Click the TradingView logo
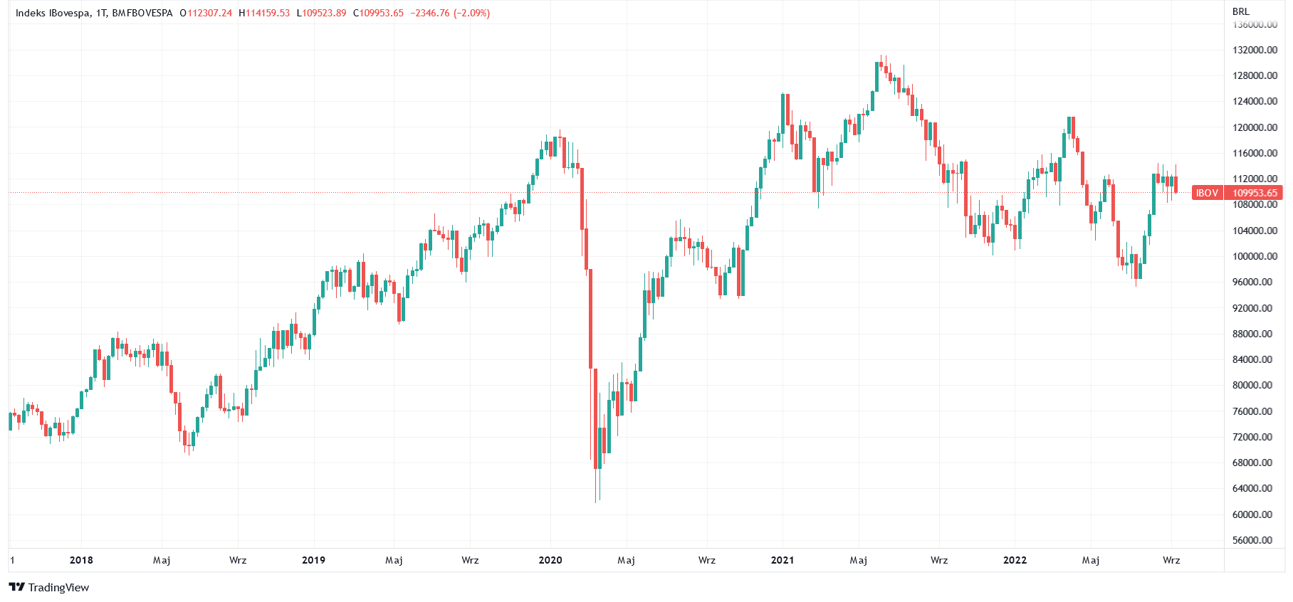click(48, 587)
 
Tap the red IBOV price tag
click(1206, 193)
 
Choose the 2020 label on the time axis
click(550, 560)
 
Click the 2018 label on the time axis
click(81, 560)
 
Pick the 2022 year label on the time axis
click(1015, 560)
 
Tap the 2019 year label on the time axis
click(313, 560)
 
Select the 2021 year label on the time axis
click(782, 560)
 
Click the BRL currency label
click(1240, 11)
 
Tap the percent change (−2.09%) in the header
click(471, 13)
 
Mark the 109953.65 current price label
click(1255, 193)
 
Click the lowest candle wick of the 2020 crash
click(596, 498)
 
